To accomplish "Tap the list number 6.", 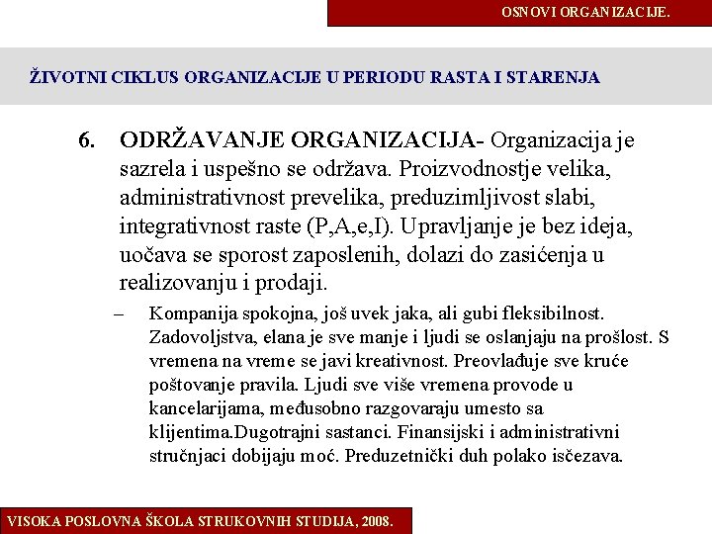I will coord(88,140).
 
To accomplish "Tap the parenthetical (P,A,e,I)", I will coord(336,226).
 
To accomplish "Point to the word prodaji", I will coord(292,284).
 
